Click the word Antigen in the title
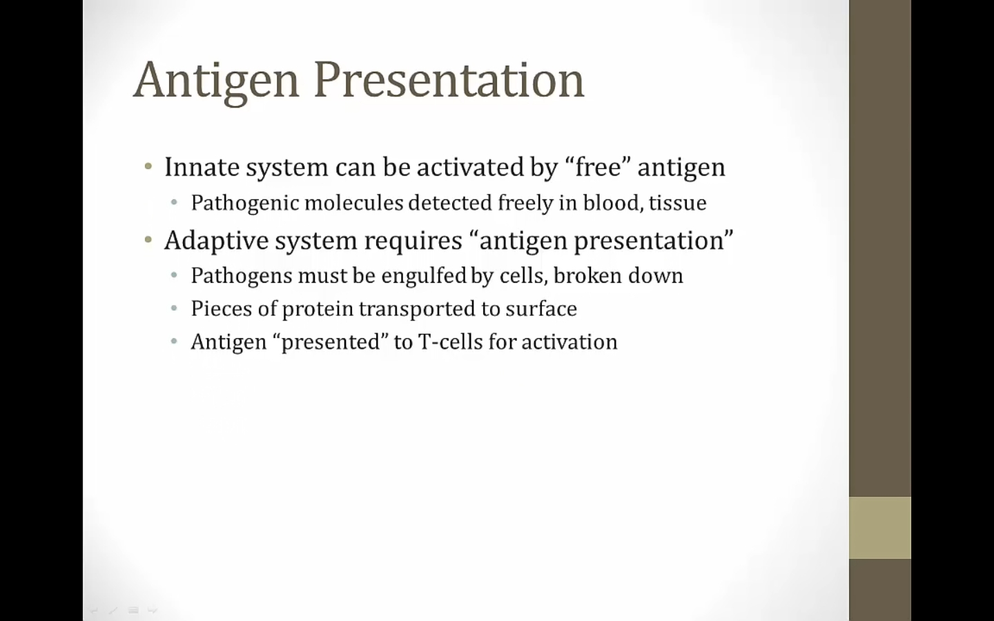[x=216, y=82]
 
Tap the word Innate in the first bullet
[x=202, y=167]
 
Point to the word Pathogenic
[x=245, y=203]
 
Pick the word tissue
[x=678, y=203]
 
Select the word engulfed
[x=424, y=276]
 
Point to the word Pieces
[x=222, y=308]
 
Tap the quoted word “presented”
[x=331, y=342]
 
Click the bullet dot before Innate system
[x=148, y=167]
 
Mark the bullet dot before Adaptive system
[x=148, y=240]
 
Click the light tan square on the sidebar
[x=880, y=528]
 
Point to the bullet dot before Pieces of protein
[x=174, y=308]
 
